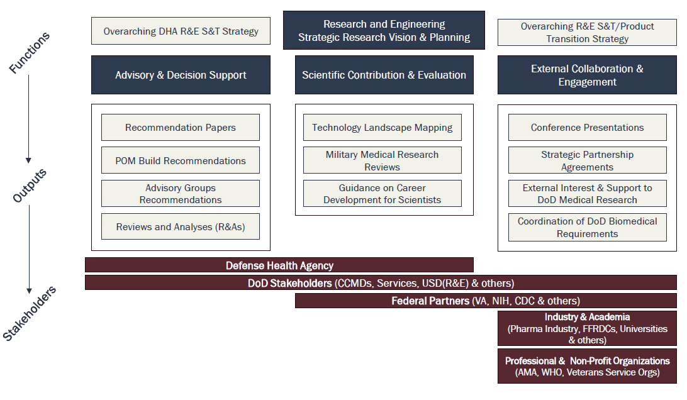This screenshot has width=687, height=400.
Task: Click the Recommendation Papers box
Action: click(180, 127)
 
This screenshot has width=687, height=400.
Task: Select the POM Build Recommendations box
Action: click(180, 160)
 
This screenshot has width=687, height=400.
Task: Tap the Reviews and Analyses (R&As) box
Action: click(180, 226)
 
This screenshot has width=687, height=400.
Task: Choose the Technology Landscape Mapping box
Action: click(382, 127)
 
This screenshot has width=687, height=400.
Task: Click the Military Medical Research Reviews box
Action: click(382, 160)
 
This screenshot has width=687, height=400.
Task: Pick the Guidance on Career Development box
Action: click(382, 194)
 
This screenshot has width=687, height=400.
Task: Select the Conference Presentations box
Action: click(587, 127)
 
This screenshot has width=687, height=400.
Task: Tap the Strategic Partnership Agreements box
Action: click(587, 160)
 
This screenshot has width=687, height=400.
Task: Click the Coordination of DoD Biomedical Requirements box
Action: click(587, 227)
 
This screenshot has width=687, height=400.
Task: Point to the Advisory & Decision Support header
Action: click(181, 75)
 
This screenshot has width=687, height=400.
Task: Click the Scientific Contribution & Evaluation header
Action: click(384, 75)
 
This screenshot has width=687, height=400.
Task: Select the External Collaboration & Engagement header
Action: click(587, 75)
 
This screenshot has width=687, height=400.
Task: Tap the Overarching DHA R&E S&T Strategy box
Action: click(181, 31)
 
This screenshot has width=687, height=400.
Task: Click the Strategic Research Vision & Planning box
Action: click(384, 30)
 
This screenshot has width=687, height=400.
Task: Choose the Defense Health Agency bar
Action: click(279, 265)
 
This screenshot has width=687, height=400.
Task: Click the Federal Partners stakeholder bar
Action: click(485, 301)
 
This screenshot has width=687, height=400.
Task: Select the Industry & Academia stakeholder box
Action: click(587, 328)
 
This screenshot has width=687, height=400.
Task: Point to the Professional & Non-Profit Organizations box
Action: click(587, 366)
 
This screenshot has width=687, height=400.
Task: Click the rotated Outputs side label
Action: click(30, 186)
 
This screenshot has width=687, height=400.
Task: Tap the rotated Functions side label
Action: click(29, 53)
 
